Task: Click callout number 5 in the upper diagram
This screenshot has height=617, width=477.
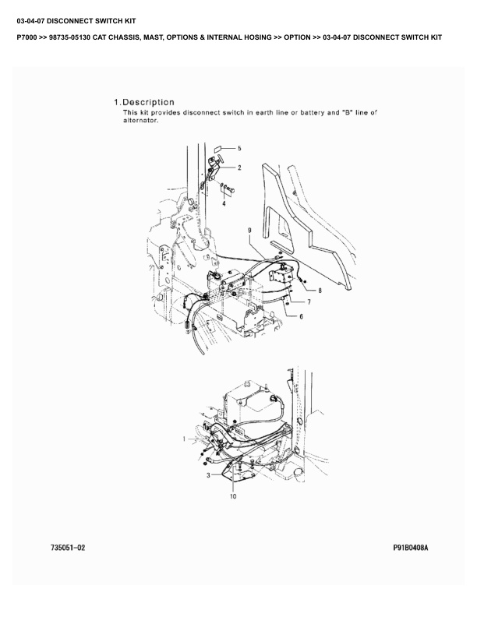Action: [239, 148]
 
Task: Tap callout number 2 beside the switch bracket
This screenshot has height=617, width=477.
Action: [239, 167]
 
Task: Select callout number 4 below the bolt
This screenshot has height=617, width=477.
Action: [224, 203]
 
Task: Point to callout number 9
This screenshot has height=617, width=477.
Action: [249, 230]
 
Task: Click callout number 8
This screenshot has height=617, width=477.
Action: [320, 291]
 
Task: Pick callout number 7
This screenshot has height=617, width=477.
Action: [309, 302]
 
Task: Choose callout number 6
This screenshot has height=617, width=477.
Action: [301, 316]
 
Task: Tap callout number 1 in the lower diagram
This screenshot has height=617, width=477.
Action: [184, 439]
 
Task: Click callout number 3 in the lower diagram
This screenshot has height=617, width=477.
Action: [208, 475]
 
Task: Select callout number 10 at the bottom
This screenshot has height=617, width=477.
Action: [233, 496]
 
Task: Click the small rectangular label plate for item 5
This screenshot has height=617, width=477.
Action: [217, 149]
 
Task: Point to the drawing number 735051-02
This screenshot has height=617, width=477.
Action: [68, 548]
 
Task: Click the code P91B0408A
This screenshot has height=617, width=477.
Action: [411, 548]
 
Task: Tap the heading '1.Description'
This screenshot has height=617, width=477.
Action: [144, 102]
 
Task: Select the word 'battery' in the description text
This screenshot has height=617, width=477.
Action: [312, 112]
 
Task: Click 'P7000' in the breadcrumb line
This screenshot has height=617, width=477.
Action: [27, 37]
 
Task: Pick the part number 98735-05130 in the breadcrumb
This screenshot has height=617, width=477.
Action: [70, 37]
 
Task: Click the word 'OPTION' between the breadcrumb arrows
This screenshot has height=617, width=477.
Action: [297, 37]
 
